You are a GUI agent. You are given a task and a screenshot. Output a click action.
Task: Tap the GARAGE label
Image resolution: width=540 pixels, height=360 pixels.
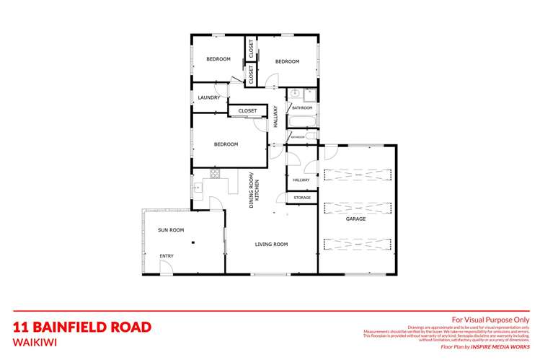(355, 218)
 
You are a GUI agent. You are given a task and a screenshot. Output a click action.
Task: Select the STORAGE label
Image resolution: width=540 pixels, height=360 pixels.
(302, 197)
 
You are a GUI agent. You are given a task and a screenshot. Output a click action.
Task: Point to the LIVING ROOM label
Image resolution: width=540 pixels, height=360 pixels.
(271, 245)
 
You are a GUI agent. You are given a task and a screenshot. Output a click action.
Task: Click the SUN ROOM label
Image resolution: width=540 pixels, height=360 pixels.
(171, 230)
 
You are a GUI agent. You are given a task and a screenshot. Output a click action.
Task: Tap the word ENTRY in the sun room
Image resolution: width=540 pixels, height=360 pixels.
(167, 256)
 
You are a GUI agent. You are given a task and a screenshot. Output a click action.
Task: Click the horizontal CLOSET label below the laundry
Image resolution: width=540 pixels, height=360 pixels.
(247, 111)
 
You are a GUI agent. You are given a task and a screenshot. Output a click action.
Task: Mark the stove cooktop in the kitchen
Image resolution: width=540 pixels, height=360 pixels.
(215, 172)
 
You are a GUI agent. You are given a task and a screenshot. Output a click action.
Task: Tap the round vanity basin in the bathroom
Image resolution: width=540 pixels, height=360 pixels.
(296, 95)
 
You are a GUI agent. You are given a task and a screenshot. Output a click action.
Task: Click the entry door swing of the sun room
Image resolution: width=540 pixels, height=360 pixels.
(166, 268)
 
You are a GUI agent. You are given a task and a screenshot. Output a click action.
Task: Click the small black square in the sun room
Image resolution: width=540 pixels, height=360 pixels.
(193, 243)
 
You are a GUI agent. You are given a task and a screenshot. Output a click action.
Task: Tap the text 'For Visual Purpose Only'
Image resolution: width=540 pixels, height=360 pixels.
(490, 319)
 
